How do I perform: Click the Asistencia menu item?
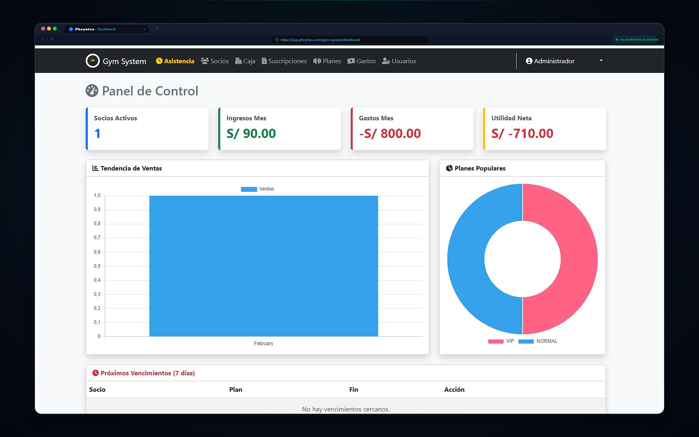click(x=175, y=61)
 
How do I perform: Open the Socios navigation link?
click(x=215, y=61)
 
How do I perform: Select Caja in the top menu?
click(x=245, y=61)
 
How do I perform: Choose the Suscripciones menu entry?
click(x=284, y=61)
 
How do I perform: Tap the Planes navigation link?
click(x=327, y=61)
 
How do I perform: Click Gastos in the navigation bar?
click(x=361, y=61)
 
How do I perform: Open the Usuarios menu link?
click(x=399, y=61)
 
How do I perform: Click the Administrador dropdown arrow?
click(x=601, y=61)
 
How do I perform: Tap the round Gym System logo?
click(x=93, y=61)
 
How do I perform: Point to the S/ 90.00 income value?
click(x=251, y=133)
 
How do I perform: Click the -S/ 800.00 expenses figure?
click(x=390, y=133)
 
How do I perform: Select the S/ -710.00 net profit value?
click(x=522, y=133)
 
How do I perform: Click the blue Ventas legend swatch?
click(x=249, y=189)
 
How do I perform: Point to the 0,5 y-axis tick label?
click(x=97, y=266)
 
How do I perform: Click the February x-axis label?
click(x=264, y=343)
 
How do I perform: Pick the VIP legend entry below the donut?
click(x=501, y=341)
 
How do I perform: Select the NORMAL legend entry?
click(x=538, y=341)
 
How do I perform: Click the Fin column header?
click(x=354, y=390)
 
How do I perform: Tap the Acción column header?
click(x=454, y=390)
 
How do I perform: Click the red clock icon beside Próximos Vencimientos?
click(x=96, y=373)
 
